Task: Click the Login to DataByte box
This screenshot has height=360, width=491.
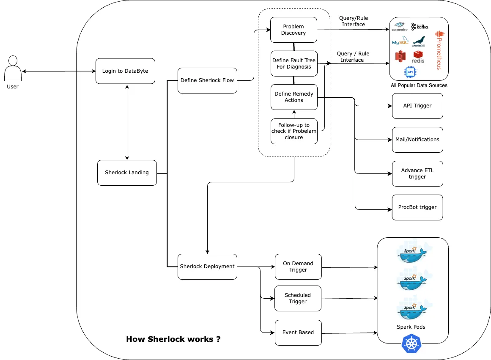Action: (x=125, y=71)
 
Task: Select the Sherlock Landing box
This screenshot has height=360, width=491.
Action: (x=127, y=173)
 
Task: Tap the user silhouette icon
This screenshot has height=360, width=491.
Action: (x=13, y=69)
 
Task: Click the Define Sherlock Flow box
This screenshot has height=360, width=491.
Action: (x=207, y=80)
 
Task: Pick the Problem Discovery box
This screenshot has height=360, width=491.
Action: (x=294, y=30)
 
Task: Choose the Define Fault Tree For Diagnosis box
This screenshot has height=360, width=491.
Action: (x=294, y=63)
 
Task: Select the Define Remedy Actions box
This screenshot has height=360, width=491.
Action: (x=294, y=97)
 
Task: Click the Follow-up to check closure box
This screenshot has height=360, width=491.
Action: (x=294, y=131)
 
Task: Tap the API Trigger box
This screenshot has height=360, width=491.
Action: (x=417, y=106)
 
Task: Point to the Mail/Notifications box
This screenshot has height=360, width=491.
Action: (x=417, y=140)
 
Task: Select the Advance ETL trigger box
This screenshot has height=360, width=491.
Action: (x=417, y=173)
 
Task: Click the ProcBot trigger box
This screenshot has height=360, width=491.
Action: (x=417, y=207)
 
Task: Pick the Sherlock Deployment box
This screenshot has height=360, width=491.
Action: (x=207, y=267)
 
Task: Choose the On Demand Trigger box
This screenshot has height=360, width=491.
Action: (x=298, y=267)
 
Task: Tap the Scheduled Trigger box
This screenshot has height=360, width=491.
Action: (x=298, y=298)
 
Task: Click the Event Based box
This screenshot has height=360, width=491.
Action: (x=298, y=333)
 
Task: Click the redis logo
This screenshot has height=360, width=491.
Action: (x=418, y=57)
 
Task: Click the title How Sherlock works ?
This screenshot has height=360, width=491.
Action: (x=173, y=339)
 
